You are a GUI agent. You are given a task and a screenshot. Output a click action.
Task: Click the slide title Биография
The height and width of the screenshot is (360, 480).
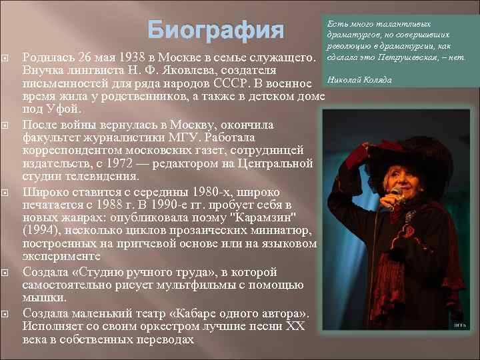tap(215, 30)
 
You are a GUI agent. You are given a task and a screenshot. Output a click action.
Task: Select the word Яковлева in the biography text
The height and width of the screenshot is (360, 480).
tap(200, 69)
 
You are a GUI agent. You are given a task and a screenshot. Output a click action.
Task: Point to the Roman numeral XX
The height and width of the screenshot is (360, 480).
tap(295, 326)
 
